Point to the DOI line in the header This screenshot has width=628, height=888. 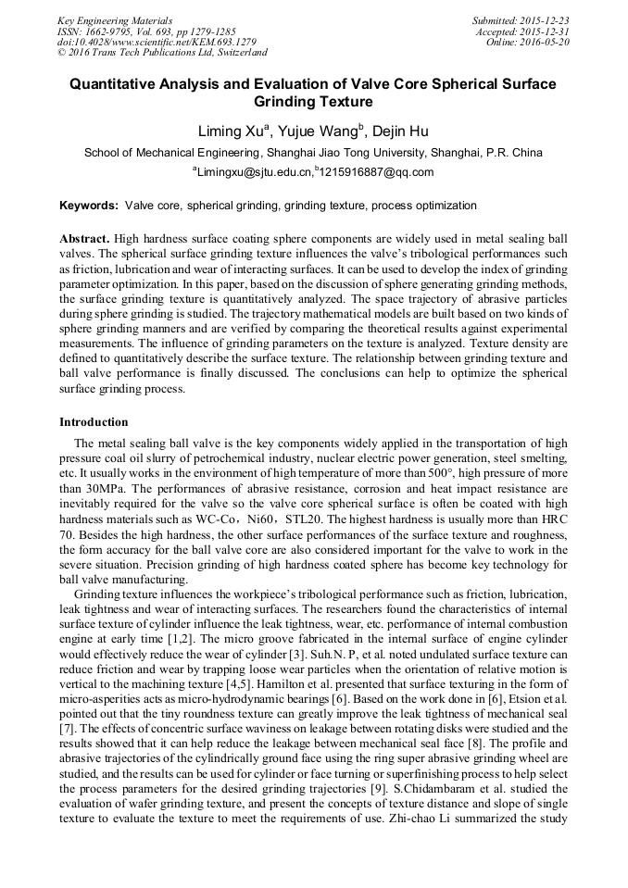(157, 43)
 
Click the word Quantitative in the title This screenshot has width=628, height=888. (115, 84)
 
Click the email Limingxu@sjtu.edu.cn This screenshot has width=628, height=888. (253, 171)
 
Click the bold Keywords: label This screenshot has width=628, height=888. (89, 206)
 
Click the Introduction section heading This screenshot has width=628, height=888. (94, 422)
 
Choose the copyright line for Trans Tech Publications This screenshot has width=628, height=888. (162, 53)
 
